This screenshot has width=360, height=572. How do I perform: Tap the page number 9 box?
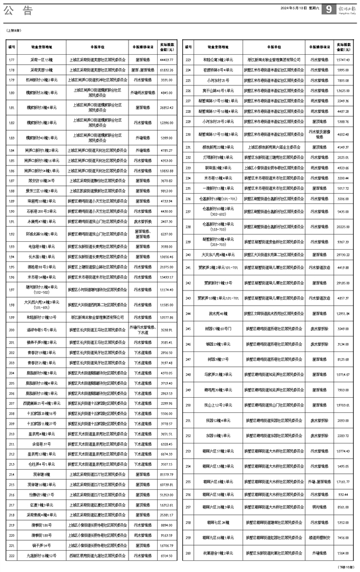pos(329,9)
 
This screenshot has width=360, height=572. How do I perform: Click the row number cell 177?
pos(11,59)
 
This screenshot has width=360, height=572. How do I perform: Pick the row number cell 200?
pos(11,330)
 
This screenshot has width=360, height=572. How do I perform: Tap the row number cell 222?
pos(11,555)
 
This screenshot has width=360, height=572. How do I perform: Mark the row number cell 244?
pos(188,314)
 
